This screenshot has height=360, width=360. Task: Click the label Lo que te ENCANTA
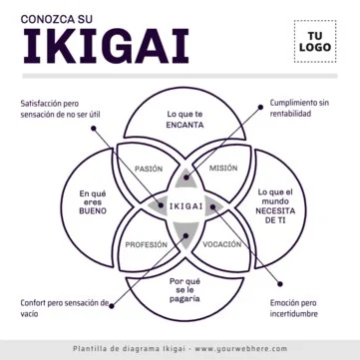[184, 120]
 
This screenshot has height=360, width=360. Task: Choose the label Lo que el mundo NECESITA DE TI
[276, 205]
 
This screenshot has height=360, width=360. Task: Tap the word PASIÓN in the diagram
[149, 169]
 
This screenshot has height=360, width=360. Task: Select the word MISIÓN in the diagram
[223, 169]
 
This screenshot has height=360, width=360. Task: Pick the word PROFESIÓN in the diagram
[146, 244]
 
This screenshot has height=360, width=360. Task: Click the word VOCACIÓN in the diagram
[223, 244]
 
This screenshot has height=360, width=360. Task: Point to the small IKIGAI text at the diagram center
[185, 206]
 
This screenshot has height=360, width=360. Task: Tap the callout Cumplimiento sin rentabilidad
[299, 108]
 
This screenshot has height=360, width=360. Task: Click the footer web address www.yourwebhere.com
[240, 349]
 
